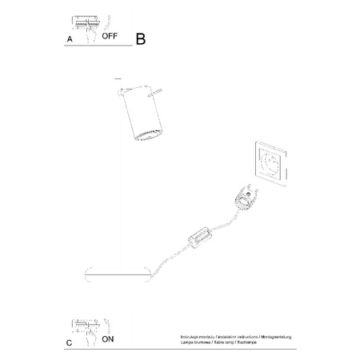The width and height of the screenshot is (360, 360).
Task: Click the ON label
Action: (108, 339)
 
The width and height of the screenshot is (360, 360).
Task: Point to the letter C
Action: (70, 342)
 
